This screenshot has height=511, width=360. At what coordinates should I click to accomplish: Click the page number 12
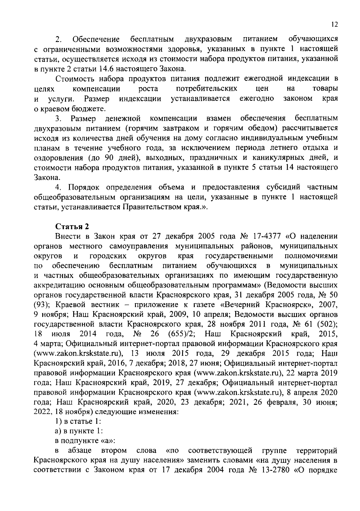[x=335, y=25]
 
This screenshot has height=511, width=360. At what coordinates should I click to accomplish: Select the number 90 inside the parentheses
[x=109, y=158]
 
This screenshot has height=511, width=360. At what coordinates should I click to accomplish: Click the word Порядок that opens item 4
[x=82, y=187]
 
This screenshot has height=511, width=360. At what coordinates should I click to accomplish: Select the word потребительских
[x=206, y=89]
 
